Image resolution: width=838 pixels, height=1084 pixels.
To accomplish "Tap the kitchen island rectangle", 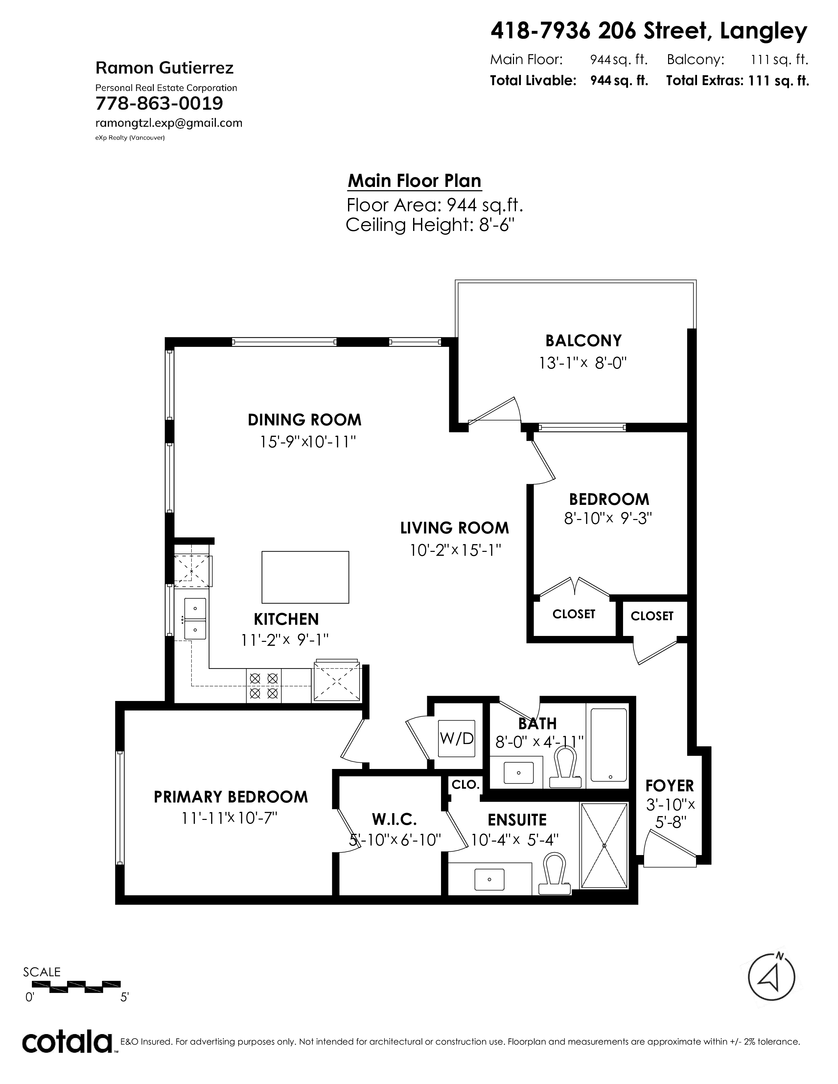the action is click(305, 577).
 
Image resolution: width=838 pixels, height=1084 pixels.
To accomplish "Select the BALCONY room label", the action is click(583, 341).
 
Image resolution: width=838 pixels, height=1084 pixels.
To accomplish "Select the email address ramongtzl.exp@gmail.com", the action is click(169, 123).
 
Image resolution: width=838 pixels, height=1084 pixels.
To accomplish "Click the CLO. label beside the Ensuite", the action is click(465, 785).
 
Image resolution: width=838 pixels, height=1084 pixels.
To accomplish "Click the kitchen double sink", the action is click(195, 619).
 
